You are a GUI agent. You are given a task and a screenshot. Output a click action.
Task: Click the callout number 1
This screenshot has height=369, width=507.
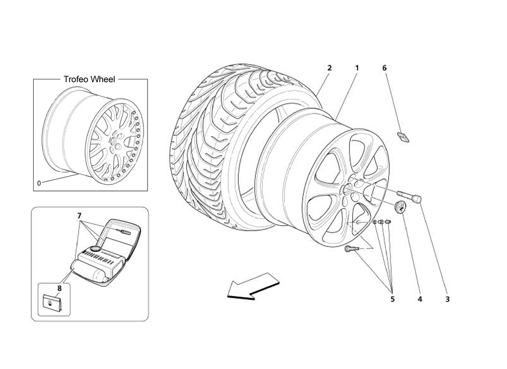tap(357, 68)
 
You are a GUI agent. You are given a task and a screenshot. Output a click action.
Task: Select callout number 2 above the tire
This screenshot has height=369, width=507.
tap(329, 68)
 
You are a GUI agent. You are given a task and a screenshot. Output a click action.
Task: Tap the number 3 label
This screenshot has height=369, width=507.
tap(447, 299)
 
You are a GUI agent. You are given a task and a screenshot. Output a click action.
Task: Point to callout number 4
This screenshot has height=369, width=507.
tap(420, 299)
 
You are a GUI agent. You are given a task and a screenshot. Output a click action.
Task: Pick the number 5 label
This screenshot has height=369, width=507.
tap(392, 299)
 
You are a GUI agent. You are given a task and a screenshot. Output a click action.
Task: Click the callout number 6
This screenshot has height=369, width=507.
tap(384, 68)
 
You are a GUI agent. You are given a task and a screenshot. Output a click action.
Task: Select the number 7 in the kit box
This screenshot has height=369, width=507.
tap(79, 215)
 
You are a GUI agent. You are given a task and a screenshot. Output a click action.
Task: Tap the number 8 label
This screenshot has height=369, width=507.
tap(59, 288)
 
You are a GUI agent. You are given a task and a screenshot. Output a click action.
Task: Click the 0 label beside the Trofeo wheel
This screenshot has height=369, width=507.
tap(39, 183)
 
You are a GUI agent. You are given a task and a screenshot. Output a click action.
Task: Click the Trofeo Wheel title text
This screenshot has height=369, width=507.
tap(89, 79)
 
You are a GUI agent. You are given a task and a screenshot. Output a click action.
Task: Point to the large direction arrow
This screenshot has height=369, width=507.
tap(253, 286)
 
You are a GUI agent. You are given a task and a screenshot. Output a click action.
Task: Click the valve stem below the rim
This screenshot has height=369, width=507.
tap(350, 250)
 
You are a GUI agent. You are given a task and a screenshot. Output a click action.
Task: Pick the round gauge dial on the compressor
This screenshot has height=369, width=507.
tap(95, 249)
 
